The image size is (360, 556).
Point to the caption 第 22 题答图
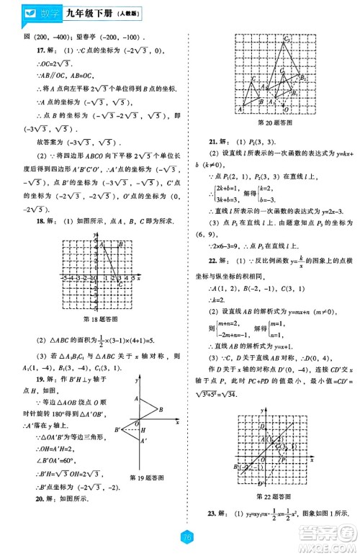[x=273, y=496]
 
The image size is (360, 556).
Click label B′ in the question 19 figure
[x=116, y=429]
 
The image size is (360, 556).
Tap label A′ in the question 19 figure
[x=145, y=441]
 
